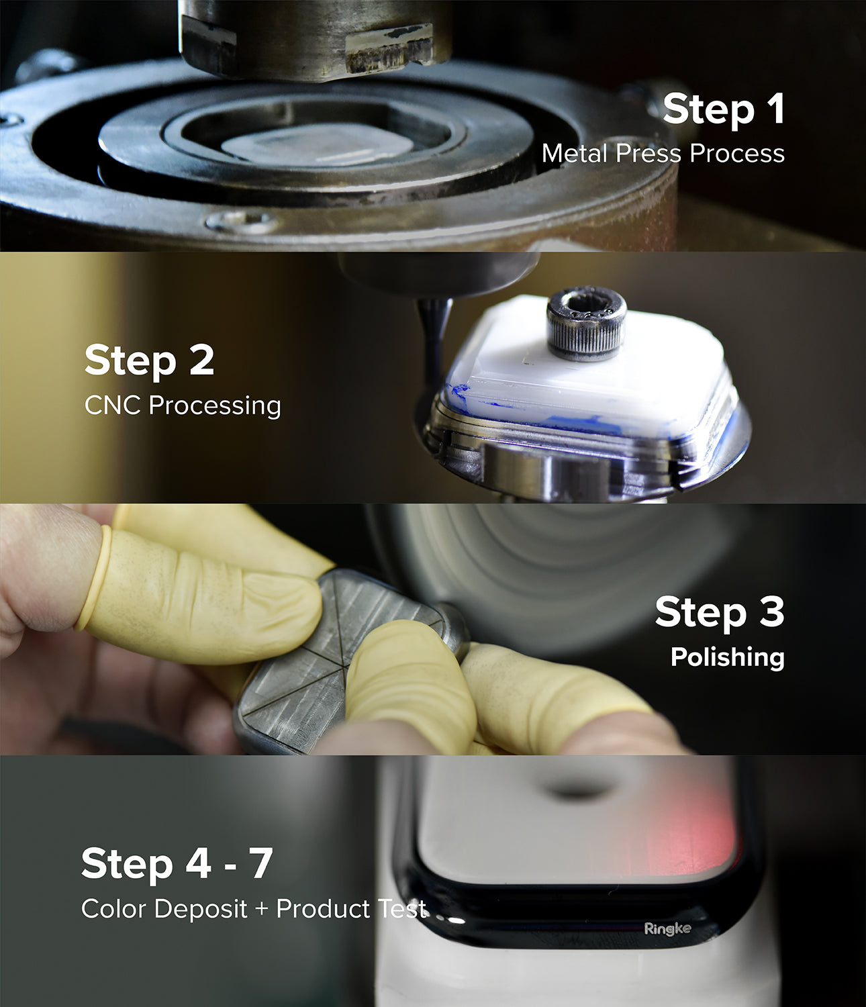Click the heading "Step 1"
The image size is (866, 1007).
click(x=723, y=109)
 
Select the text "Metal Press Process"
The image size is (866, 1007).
click(x=663, y=154)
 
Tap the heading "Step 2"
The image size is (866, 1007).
click(x=149, y=361)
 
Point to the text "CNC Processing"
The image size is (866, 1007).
click(x=183, y=405)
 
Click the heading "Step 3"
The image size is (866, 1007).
click(x=719, y=612)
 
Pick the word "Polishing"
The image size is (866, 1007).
click(x=727, y=657)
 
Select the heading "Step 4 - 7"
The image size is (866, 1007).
click(x=177, y=863)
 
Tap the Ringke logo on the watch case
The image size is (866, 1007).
click(x=667, y=929)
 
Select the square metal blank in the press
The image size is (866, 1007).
click(x=316, y=144)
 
